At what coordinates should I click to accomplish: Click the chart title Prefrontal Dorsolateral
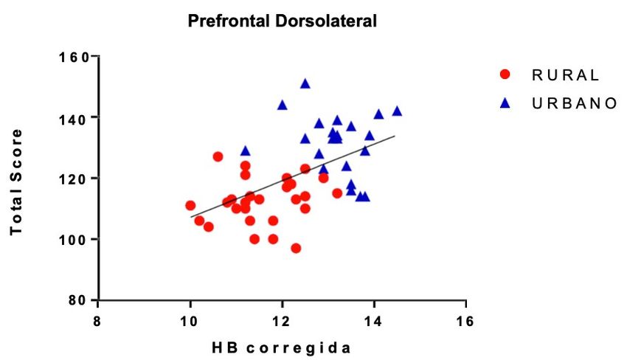[x=283, y=21]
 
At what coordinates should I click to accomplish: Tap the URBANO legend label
[x=573, y=103]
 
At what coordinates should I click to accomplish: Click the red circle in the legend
[x=505, y=75]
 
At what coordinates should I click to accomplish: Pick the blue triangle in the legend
[x=505, y=103]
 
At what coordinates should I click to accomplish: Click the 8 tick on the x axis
[x=98, y=322]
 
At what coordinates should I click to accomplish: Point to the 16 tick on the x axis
[x=465, y=322]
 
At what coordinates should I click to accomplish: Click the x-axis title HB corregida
[x=283, y=347]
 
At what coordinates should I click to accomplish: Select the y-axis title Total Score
[x=16, y=182]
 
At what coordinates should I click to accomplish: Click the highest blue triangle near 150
[x=305, y=83]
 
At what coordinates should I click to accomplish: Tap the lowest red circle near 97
[x=296, y=248]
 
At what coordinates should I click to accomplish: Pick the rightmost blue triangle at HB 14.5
[x=397, y=111]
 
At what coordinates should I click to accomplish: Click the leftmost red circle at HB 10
[x=190, y=205]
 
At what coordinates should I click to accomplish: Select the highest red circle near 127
[x=218, y=156]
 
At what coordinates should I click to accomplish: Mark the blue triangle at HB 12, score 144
[x=282, y=105]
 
